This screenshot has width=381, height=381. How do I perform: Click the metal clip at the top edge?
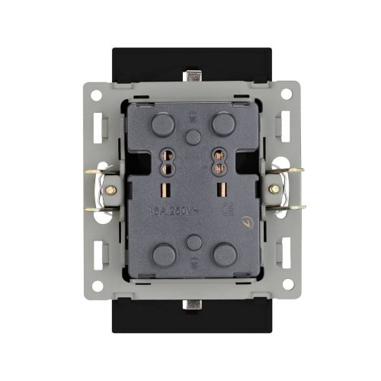point(192,77)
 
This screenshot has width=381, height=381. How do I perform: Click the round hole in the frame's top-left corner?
point(98,97)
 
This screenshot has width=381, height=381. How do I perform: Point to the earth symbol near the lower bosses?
point(192,263)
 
